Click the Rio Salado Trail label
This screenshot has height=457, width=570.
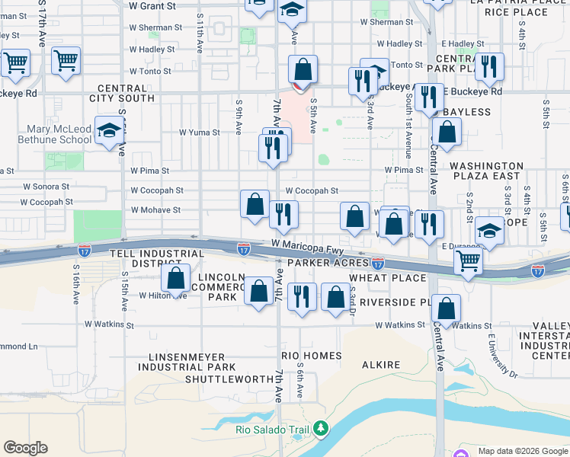[273, 430]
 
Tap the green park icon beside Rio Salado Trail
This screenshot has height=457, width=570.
[321, 430]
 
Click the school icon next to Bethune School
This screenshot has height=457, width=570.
[110, 131]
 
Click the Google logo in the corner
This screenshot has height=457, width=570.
[25, 448]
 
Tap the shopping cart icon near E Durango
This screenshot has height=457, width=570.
[467, 261]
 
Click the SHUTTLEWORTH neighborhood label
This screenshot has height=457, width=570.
[229, 379]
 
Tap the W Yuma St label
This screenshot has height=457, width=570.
[200, 132]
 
